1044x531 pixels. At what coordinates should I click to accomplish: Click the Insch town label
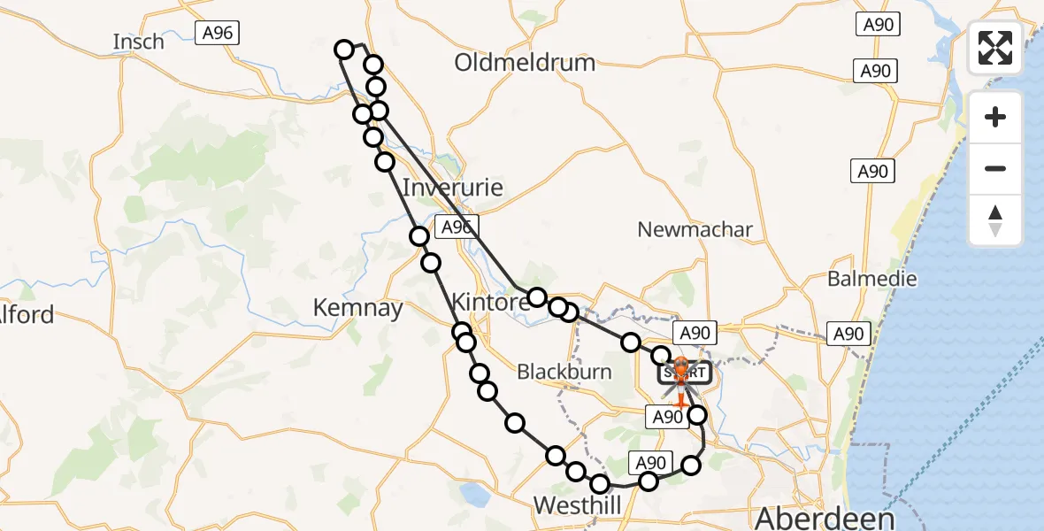coord(139,42)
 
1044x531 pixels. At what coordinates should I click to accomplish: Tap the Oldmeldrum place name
coord(525,63)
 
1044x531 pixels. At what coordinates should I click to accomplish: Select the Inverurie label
coord(452,188)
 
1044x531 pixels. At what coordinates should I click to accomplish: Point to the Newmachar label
coord(695,230)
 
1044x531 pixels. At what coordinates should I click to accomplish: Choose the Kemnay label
coord(358,308)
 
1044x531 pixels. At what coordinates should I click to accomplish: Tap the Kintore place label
coord(490,301)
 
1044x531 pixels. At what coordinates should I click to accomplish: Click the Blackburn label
coord(564,372)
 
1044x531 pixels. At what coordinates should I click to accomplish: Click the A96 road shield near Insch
coord(218,34)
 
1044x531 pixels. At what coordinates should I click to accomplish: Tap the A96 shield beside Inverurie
coord(456,227)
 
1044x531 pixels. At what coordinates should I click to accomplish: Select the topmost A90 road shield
coord(878,25)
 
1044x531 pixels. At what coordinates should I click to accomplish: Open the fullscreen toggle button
coord(995,48)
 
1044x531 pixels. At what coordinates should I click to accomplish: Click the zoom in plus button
coord(995,117)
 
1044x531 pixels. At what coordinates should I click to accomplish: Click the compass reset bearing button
coord(995,220)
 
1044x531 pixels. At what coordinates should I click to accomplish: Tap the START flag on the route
coord(681,373)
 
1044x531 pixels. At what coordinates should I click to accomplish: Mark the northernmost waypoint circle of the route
coord(344,50)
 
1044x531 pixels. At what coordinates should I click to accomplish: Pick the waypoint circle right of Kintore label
coord(537,296)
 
